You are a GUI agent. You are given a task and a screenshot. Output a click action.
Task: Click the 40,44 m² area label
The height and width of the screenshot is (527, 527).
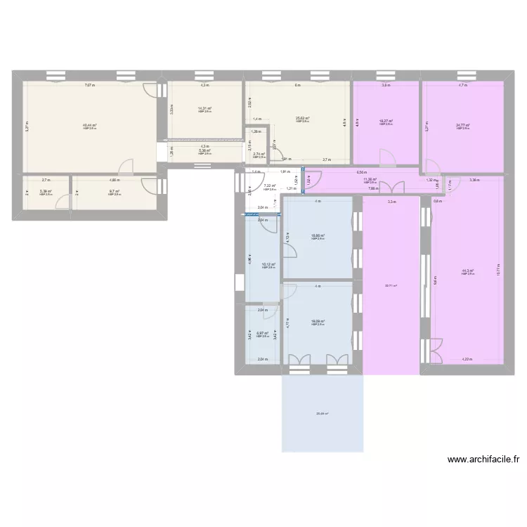[x=90, y=125]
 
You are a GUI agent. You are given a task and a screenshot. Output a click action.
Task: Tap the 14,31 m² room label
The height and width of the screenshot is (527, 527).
[x=205, y=108]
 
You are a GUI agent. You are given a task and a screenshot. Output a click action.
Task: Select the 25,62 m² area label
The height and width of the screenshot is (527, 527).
[x=303, y=119]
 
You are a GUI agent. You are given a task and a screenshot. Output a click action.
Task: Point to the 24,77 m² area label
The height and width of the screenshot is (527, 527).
[x=462, y=126]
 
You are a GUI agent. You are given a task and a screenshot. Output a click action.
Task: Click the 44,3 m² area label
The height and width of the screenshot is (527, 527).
[x=467, y=271]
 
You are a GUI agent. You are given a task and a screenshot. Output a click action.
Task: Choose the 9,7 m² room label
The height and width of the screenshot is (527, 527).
[x=115, y=191]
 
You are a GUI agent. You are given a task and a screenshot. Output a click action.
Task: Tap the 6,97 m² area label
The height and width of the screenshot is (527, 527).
[x=263, y=334]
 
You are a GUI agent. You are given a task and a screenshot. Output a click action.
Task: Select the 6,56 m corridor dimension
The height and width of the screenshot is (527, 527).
[x=361, y=172]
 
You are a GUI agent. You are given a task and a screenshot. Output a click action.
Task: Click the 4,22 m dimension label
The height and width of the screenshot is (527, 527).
[x=467, y=360]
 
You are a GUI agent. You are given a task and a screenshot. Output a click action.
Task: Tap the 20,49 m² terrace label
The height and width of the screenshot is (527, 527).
[x=322, y=413]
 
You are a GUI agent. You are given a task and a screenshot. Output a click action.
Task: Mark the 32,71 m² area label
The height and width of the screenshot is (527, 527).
[x=391, y=285]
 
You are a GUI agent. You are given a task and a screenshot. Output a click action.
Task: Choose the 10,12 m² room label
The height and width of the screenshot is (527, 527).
[x=268, y=265]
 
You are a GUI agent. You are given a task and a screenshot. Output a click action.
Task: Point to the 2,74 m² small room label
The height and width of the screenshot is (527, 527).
[x=259, y=153]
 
